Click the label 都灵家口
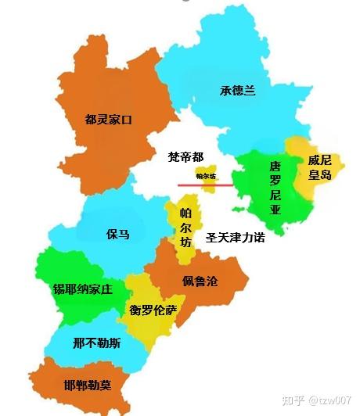click(x=109, y=120)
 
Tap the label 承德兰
click(x=237, y=91)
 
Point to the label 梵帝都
click(x=185, y=157)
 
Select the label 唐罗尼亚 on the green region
click(x=275, y=188)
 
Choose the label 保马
click(x=117, y=235)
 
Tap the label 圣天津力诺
click(x=235, y=237)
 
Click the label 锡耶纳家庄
click(x=82, y=289)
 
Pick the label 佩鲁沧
click(x=200, y=282)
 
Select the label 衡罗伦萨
click(x=153, y=310)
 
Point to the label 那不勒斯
click(x=96, y=343)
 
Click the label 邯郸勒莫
click(x=87, y=385)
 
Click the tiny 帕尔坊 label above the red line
click(x=206, y=176)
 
